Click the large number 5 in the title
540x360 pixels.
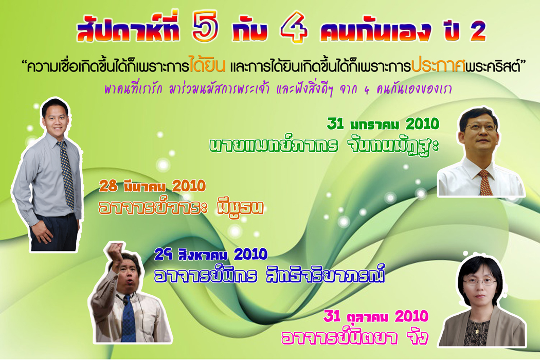click(x=205, y=27)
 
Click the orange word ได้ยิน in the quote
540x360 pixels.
click(x=207, y=64)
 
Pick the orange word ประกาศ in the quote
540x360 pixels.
click(x=438, y=65)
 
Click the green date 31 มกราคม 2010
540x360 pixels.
click(x=383, y=123)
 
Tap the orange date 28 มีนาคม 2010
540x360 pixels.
click(x=152, y=186)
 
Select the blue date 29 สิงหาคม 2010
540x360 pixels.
click(x=211, y=255)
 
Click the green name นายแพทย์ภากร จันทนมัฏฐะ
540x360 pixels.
click(x=323, y=147)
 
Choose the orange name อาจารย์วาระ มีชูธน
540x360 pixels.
click(x=181, y=207)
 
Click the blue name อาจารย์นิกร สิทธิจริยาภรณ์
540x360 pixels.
click(x=269, y=275)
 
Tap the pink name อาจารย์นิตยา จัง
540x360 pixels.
click(x=355, y=337)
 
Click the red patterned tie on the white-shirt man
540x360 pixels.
click(x=485, y=183)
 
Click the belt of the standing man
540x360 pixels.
click(x=55, y=217)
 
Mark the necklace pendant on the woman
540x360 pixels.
click(x=478, y=331)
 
